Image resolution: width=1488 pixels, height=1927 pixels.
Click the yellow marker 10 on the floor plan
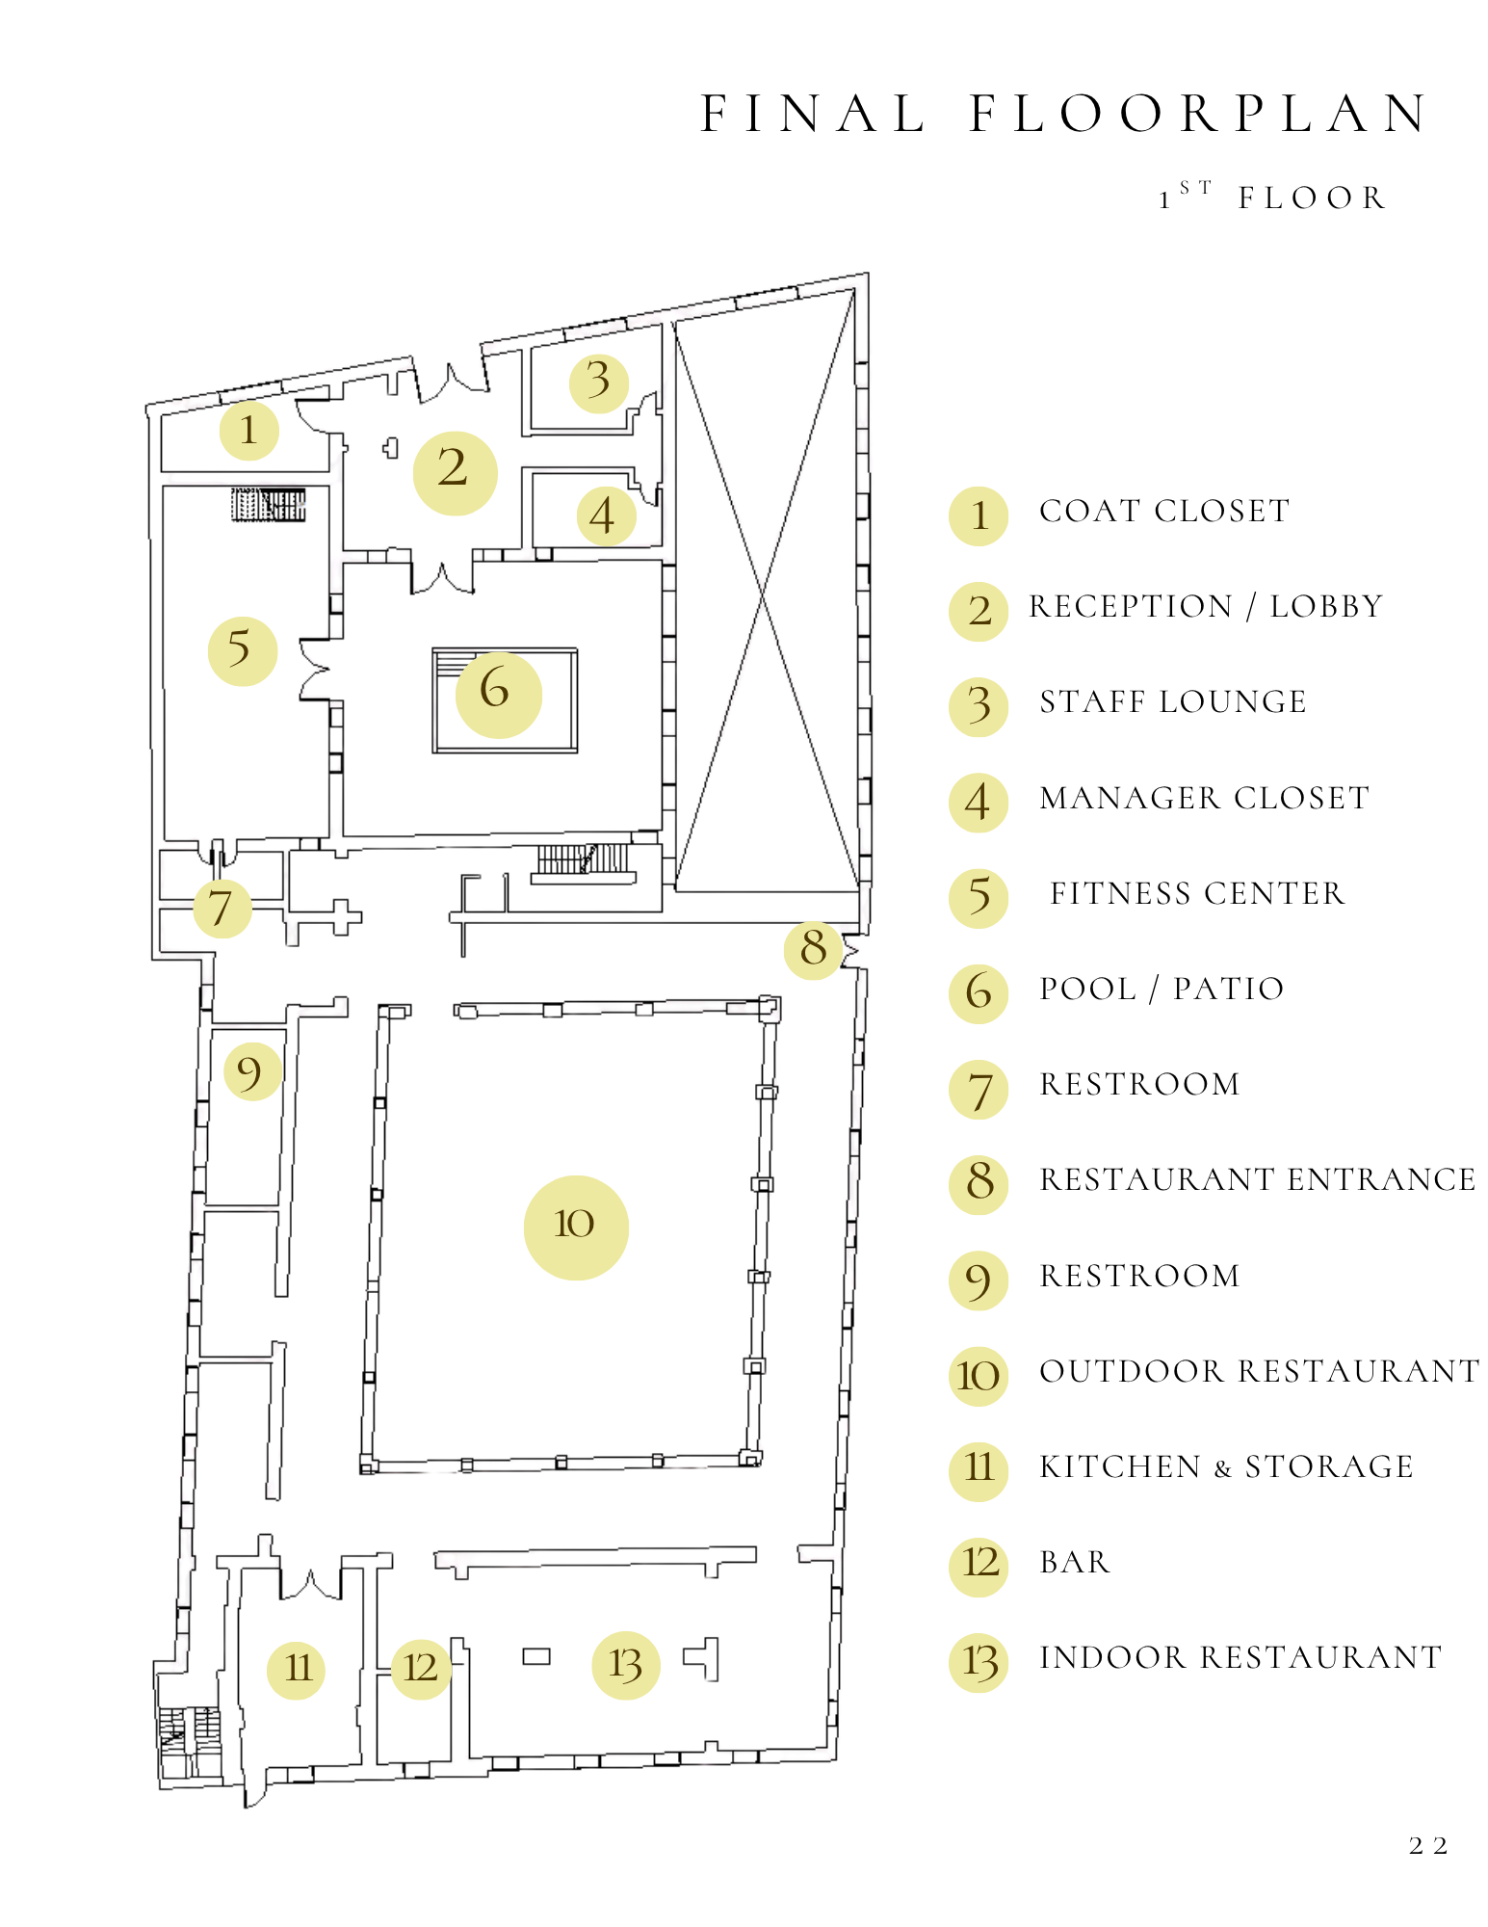pos(576,1227)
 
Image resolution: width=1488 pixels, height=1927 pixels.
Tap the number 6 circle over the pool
pos(498,694)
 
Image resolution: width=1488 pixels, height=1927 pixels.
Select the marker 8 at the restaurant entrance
pos(814,950)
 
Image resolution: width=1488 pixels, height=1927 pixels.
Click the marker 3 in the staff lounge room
pos(598,383)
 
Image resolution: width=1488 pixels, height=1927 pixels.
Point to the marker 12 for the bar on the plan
pos(421,1669)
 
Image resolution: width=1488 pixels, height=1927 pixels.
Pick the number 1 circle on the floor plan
pos(248,431)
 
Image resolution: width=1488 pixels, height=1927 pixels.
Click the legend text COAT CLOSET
pos(1163,511)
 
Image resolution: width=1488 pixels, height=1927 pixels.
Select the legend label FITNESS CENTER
pos(1197,893)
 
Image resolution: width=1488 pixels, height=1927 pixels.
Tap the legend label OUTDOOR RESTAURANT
pos(1259,1371)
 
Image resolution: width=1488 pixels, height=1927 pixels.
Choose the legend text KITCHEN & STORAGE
pos(1226,1466)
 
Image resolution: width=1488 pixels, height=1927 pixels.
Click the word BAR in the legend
pos(1075,1562)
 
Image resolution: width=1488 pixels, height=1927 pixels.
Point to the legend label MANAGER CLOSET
pos(1204,798)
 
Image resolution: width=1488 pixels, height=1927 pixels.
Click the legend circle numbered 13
pos(979,1663)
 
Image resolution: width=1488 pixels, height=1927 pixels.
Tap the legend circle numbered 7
pos(979,1090)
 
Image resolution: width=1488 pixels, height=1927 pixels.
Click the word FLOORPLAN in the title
pos(1200,114)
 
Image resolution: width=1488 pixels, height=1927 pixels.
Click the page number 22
pos(1427,1846)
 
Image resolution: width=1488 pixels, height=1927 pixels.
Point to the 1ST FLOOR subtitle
pos(1272,197)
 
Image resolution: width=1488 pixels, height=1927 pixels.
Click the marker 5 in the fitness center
pos(242,651)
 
